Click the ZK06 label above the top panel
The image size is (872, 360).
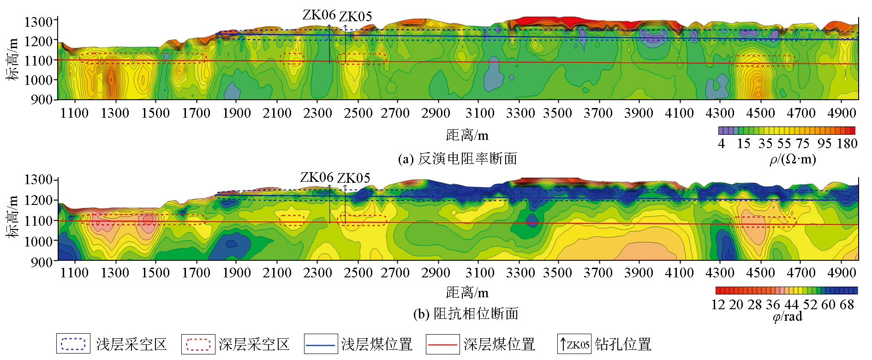tap(319, 15)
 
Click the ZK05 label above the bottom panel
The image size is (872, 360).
tap(353, 178)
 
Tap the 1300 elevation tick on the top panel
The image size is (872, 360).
tap(38, 22)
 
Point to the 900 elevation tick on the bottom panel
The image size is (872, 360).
tap(42, 262)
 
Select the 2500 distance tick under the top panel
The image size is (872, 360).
tap(358, 113)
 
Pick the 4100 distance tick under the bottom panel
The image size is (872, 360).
tap(679, 273)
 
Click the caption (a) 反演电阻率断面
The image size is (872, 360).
tap(457, 159)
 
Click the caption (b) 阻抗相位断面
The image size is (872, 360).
tap(466, 314)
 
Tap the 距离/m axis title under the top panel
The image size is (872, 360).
tap(467, 135)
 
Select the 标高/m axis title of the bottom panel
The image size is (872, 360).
tap(12, 216)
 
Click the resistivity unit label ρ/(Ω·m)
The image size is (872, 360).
tap(793, 159)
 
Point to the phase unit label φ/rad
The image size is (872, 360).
tap(787, 316)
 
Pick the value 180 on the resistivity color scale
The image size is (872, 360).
tap(847, 144)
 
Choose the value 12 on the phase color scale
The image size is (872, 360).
tap(718, 305)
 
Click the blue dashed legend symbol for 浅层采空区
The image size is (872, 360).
tap(73, 344)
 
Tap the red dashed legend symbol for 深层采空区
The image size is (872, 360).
tap(198, 344)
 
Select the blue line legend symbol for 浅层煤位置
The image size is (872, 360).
tap(320, 344)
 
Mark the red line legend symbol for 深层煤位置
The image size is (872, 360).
tap(442, 344)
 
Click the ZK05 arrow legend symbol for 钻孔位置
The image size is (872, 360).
tap(574, 344)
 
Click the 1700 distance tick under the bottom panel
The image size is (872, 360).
tap(196, 273)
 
